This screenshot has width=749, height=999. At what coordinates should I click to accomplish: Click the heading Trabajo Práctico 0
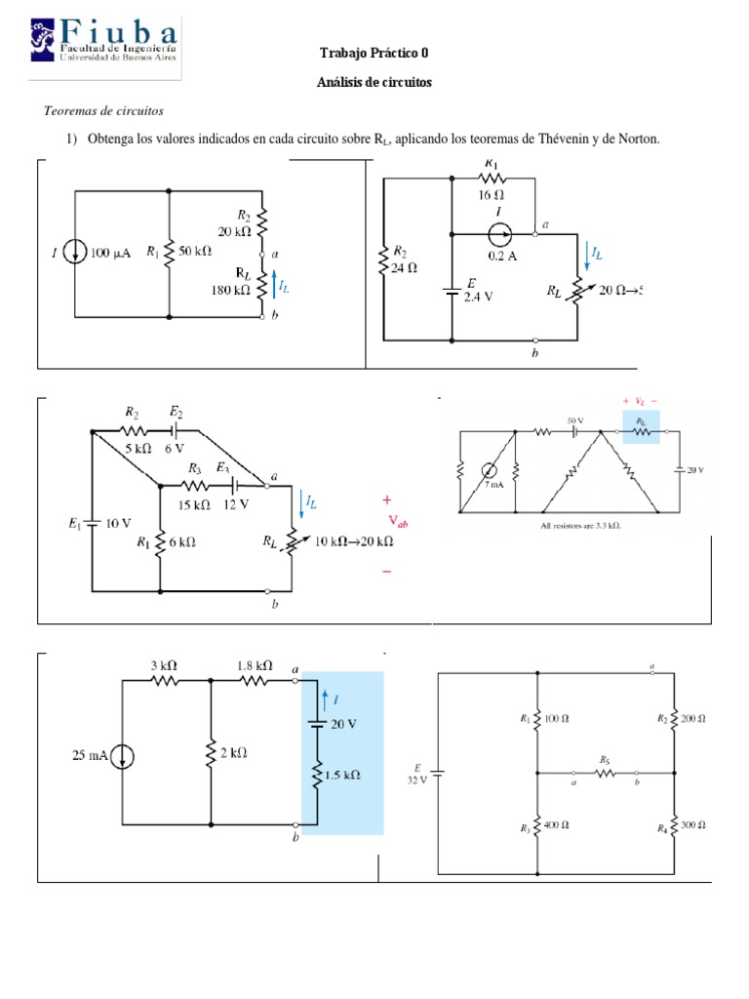click(374, 53)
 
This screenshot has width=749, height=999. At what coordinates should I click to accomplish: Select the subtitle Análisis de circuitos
click(374, 82)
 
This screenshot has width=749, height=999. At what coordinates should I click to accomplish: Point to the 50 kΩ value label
click(194, 252)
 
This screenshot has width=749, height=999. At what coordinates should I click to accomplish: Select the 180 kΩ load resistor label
click(230, 289)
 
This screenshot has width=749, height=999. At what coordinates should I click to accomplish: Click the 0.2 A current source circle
click(498, 235)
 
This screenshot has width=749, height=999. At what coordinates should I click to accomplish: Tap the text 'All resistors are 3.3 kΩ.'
click(580, 525)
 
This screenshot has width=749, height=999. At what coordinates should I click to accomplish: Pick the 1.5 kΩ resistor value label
click(341, 775)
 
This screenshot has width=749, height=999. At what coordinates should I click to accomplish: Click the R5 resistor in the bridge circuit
click(606, 772)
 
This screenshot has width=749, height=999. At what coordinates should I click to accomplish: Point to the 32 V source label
click(417, 779)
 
